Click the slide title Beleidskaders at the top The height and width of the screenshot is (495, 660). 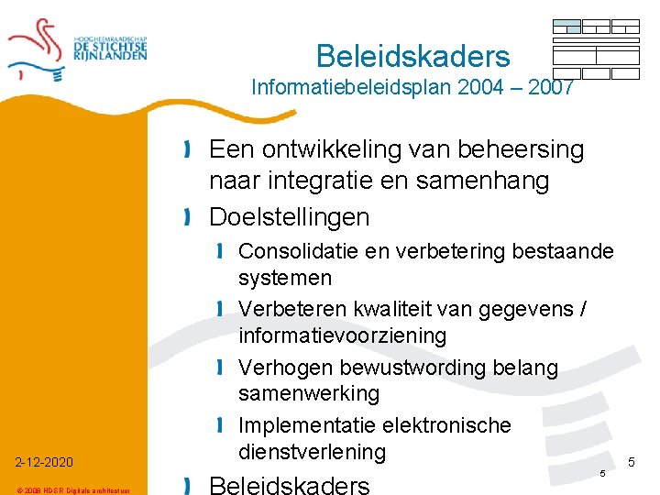[x=412, y=57]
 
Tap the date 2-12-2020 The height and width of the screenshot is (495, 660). [x=43, y=461]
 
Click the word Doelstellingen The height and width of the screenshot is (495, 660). [x=290, y=217]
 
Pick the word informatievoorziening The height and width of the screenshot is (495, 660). [x=342, y=335]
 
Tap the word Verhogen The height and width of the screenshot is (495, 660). [x=286, y=368]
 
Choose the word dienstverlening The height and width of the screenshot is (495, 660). [x=313, y=451]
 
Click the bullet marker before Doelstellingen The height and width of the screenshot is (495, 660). [x=188, y=218]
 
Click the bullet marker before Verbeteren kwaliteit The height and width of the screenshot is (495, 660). [x=222, y=310]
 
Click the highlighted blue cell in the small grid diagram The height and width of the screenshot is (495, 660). [x=567, y=25]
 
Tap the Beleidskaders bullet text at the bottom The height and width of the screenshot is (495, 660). [x=290, y=484]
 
